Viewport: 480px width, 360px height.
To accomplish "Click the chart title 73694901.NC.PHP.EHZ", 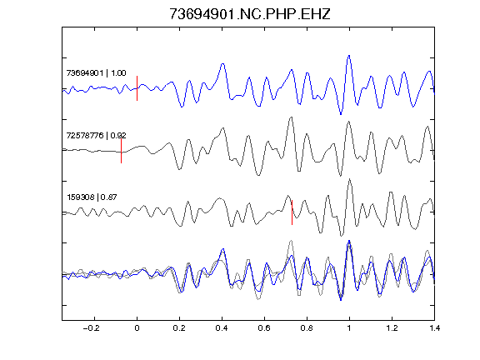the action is pos(250,14).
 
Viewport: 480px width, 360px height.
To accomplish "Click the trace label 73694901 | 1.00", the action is pos(96,73).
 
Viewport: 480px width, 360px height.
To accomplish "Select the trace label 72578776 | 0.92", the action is pos(96,135).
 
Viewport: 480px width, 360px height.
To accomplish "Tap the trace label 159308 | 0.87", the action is pos(92,197).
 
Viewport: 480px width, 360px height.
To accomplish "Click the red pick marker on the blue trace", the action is pos(137,88).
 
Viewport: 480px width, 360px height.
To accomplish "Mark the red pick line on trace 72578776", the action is pos(121,151).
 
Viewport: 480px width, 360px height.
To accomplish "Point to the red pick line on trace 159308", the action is pos(292,212).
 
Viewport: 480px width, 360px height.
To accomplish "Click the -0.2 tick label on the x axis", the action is pos(92,328).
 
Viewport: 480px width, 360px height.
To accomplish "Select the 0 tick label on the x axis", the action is pos(137,328).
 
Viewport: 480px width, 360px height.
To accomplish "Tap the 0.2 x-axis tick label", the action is pos(179,328).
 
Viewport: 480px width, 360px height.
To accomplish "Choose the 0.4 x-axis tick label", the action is pos(222,328).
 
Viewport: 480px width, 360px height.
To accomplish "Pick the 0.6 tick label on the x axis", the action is pos(264,328).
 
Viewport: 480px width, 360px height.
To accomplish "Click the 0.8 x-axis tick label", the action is pos(307,328).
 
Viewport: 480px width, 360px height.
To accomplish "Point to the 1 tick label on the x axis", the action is pos(349,328).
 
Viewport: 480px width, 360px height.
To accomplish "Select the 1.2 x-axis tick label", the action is pos(392,328).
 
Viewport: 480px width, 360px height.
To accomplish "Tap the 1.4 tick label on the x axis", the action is pos(434,328).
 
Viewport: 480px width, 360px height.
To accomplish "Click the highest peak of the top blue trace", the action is pos(349,56).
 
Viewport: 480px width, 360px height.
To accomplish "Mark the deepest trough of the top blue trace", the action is pos(341,114).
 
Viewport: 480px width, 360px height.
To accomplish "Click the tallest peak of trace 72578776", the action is pos(291,117).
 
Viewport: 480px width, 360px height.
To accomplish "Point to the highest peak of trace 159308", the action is pos(350,179).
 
